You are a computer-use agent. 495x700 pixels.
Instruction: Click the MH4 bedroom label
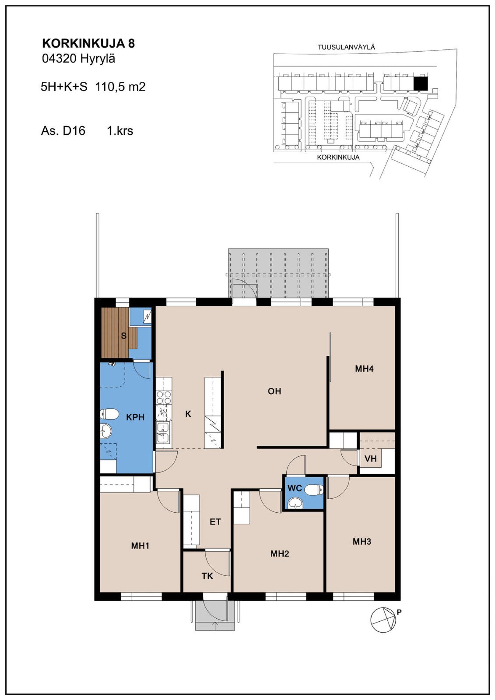pyautogui.click(x=364, y=369)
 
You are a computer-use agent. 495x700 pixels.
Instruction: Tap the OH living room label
pyautogui.click(x=274, y=391)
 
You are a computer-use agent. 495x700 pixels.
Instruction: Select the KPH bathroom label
pyautogui.click(x=135, y=417)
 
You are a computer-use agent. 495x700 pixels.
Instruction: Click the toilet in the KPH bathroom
pyautogui.click(x=109, y=414)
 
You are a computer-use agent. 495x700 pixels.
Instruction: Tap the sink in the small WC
pyautogui.click(x=295, y=503)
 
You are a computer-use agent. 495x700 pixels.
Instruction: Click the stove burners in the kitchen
pyautogui.click(x=164, y=398)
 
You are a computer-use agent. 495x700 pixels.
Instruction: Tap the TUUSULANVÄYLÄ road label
pyautogui.click(x=346, y=47)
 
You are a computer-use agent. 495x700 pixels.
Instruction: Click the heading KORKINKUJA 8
pyautogui.click(x=88, y=44)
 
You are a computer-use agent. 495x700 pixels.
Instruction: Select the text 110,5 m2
pyautogui.click(x=120, y=87)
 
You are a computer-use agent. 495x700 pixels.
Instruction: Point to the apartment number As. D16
pyautogui.click(x=63, y=131)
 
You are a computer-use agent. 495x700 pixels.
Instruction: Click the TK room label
pyautogui.click(x=207, y=576)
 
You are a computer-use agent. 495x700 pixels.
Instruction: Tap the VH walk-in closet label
pyautogui.click(x=371, y=458)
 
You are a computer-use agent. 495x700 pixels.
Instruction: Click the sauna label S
pyautogui.click(x=124, y=336)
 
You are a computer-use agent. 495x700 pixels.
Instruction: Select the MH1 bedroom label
pyautogui.click(x=140, y=546)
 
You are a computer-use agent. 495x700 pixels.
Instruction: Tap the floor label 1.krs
pyautogui.click(x=120, y=131)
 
